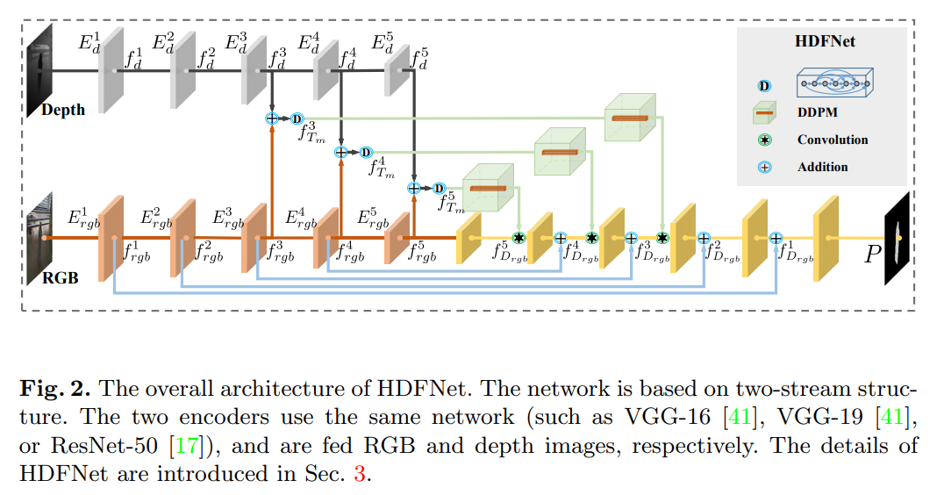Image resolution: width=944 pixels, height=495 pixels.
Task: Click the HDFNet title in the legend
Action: click(x=824, y=41)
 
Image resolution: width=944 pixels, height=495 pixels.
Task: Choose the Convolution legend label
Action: click(x=832, y=140)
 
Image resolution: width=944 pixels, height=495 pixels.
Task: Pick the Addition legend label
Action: click(x=822, y=166)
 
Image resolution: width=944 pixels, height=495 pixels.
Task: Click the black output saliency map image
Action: click(x=899, y=238)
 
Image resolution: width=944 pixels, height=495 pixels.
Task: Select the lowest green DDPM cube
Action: click(x=487, y=188)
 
